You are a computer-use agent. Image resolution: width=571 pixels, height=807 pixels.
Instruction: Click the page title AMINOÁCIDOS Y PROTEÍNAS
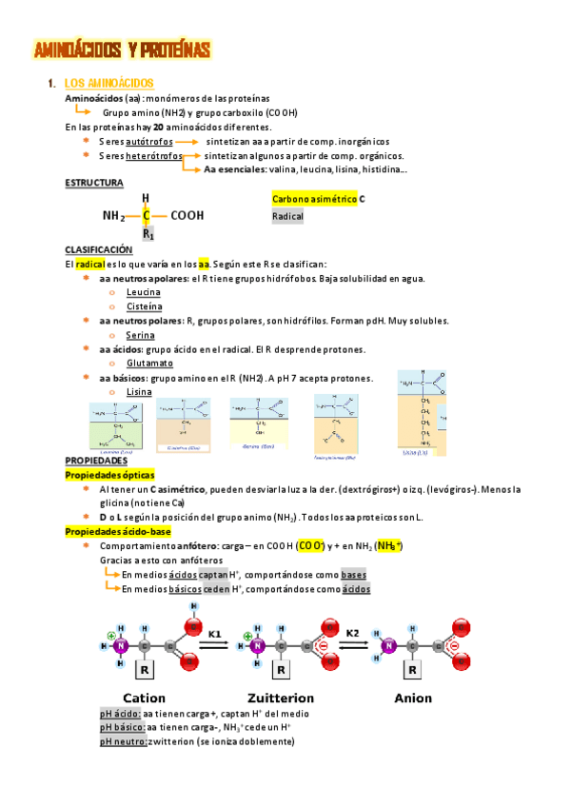pyautogui.click(x=122, y=49)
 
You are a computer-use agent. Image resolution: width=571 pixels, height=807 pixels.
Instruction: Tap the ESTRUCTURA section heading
pyautogui.click(x=93, y=182)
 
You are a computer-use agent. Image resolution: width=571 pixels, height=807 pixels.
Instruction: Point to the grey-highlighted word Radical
pyautogui.click(x=287, y=217)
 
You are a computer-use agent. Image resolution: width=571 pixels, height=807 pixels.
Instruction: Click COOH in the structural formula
pyautogui.click(x=187, y=216)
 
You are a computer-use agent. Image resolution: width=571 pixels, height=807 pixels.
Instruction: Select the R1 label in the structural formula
pyautogui.click(x=148, y=233)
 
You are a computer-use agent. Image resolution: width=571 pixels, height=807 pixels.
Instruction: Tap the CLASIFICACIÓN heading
pyautogui.click(x=98, y=249)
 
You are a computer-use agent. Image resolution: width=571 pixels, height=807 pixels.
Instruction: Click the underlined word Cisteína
pyautogui.click(x=144, y=306)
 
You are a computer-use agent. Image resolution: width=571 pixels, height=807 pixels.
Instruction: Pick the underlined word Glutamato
pyautogui.click(x=149, y=364)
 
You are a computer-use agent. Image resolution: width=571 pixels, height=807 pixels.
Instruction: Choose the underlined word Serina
pyautogui.click(x=140, y=335)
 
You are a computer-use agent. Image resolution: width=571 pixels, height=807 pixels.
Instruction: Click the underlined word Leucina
pyautogui.click(x=143, y=292)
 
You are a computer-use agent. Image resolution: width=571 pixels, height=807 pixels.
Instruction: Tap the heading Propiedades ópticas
pyautogui.click(x=109, y=474)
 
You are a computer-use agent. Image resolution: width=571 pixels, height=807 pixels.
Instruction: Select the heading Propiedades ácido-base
pyautogui.click(x=117, y=531)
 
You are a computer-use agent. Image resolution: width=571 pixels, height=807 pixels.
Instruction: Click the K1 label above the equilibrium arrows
pyautogui.click(x=214, y=632)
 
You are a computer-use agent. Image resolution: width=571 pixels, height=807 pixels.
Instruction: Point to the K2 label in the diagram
pyautogui.click(x=352, y=632)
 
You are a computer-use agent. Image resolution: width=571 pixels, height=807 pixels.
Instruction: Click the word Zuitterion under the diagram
pyautogui.click(x=280, y=698)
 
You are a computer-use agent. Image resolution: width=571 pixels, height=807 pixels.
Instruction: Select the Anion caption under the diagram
pyautogui.click(x=413, y=698)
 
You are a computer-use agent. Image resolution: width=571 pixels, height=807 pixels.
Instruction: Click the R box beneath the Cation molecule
pyautogui.click(x=145, y=670)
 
